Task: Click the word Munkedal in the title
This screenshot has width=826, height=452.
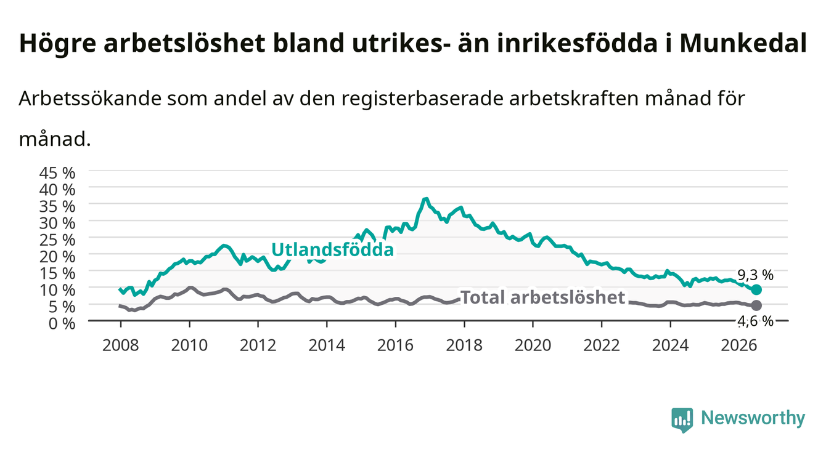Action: point(743,44)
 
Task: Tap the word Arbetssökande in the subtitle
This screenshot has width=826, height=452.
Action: point(90,99)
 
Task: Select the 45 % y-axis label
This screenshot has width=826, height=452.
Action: point(57,173)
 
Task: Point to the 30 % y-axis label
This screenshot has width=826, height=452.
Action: point(57,223)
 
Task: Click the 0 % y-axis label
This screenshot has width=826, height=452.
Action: point(62,323)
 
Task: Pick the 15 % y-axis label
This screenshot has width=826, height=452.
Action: point(57,273)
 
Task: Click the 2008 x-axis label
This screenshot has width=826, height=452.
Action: point(121,345)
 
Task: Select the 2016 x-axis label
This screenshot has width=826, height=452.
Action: point(395,345)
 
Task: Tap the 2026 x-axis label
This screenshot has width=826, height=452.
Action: point(739,345)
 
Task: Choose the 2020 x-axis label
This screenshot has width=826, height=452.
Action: point(533,345)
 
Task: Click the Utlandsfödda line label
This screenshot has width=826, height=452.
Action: point(333,250)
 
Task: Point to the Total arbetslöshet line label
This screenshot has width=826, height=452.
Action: point(543,297)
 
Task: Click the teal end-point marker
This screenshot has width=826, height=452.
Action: point(756,289)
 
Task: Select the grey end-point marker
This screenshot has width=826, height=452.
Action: point(756,305)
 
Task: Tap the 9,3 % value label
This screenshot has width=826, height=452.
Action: point(755,275)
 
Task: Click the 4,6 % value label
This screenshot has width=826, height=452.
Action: point(755,321)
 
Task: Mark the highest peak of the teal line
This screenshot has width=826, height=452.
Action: point(427,199)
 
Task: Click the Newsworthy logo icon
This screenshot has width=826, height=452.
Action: point(682,420)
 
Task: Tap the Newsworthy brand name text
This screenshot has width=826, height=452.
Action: point(753,418)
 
